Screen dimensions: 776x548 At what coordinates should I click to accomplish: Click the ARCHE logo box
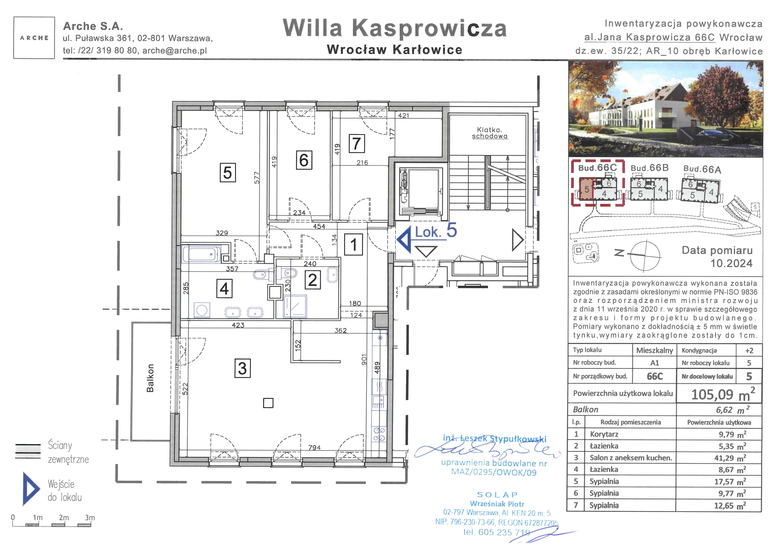(34, 38)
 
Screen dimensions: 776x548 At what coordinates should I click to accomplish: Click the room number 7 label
(357, 144)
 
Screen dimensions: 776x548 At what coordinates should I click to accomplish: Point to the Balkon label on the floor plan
(150, 378)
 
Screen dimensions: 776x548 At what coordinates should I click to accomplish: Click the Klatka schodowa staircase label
(490, 133)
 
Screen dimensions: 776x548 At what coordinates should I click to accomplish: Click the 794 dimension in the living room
(314, 447)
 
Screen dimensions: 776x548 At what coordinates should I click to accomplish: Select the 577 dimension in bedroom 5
(257, 178)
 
